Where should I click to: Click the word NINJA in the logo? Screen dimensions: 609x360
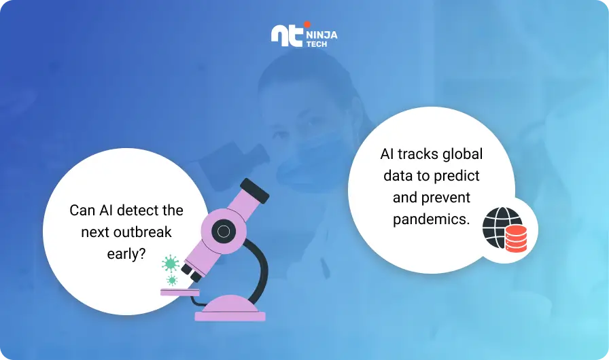[321, 35]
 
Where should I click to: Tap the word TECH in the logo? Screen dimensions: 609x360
[317, 44]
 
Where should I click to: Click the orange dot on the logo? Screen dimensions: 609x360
[307, 24]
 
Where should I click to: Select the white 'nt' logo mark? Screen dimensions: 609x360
[287, 36]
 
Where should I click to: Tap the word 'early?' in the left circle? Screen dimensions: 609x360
[126, 254]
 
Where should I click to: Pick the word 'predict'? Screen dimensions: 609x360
[456, 176]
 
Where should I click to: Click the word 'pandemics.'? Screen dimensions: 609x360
[431, 219]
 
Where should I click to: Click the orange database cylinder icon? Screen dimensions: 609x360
[516, 238]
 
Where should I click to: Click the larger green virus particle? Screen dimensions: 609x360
[171, 264]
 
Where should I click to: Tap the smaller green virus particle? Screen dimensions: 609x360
[172, 280]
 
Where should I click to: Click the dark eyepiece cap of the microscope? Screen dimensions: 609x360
[254, 191]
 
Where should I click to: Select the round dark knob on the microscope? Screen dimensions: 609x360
[224, 232]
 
